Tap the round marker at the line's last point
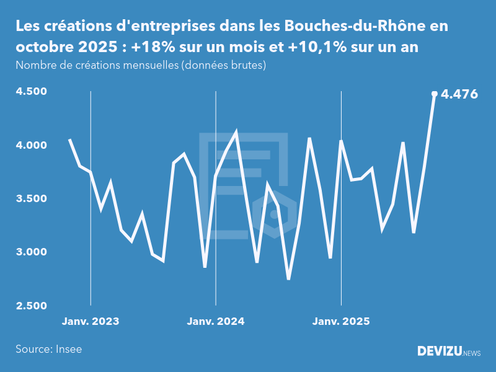coord(434,94)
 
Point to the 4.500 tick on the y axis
coord(31,92)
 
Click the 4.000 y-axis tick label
coord(31,145)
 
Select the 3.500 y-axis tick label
coord(31,199)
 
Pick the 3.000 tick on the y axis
coord(31,252)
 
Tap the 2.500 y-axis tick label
coord(31,306)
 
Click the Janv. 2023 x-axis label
coord(91,322)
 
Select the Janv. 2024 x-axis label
coord(216,322)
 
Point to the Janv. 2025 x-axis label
coord(341,322)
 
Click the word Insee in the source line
coord(68,349)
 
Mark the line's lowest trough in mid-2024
coord(288,279)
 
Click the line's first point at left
coord(69,139)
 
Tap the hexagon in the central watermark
coord(273,215)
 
